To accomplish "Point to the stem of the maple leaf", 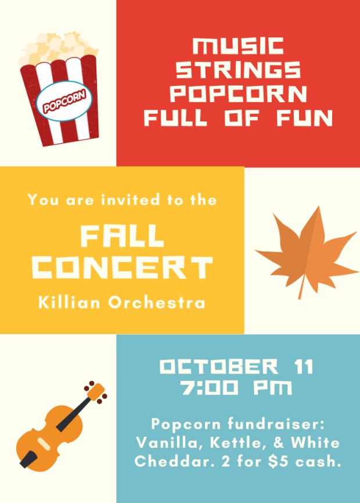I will pos(301,290).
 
